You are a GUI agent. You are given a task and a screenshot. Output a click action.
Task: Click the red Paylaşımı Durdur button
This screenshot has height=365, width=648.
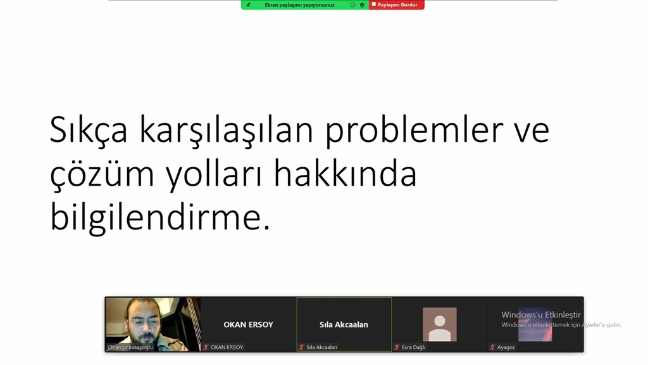397,5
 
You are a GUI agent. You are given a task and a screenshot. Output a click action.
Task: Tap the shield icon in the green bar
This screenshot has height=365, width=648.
362,5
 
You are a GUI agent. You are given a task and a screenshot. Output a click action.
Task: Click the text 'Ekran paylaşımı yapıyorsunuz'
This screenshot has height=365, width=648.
299,5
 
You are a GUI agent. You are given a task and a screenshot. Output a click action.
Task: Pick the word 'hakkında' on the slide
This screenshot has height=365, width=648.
346,173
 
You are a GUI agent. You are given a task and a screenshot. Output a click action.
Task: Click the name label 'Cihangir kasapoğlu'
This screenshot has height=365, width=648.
130,347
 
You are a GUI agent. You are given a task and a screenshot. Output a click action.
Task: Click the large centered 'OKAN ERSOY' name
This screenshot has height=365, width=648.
248,324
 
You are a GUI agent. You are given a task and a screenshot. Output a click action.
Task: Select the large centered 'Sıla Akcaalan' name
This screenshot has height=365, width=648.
344,324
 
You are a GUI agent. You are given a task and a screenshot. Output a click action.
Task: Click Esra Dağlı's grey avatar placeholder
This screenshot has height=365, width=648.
440,324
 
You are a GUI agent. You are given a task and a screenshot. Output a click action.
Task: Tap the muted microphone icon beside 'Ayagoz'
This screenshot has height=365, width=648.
492,347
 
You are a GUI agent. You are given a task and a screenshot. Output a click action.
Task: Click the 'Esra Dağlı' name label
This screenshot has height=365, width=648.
414,347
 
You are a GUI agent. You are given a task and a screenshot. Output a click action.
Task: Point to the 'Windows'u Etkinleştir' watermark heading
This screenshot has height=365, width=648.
541,315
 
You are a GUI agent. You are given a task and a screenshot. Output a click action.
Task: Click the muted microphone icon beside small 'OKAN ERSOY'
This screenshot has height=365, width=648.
206,347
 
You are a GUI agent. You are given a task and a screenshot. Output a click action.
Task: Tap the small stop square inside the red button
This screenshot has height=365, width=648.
373,4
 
